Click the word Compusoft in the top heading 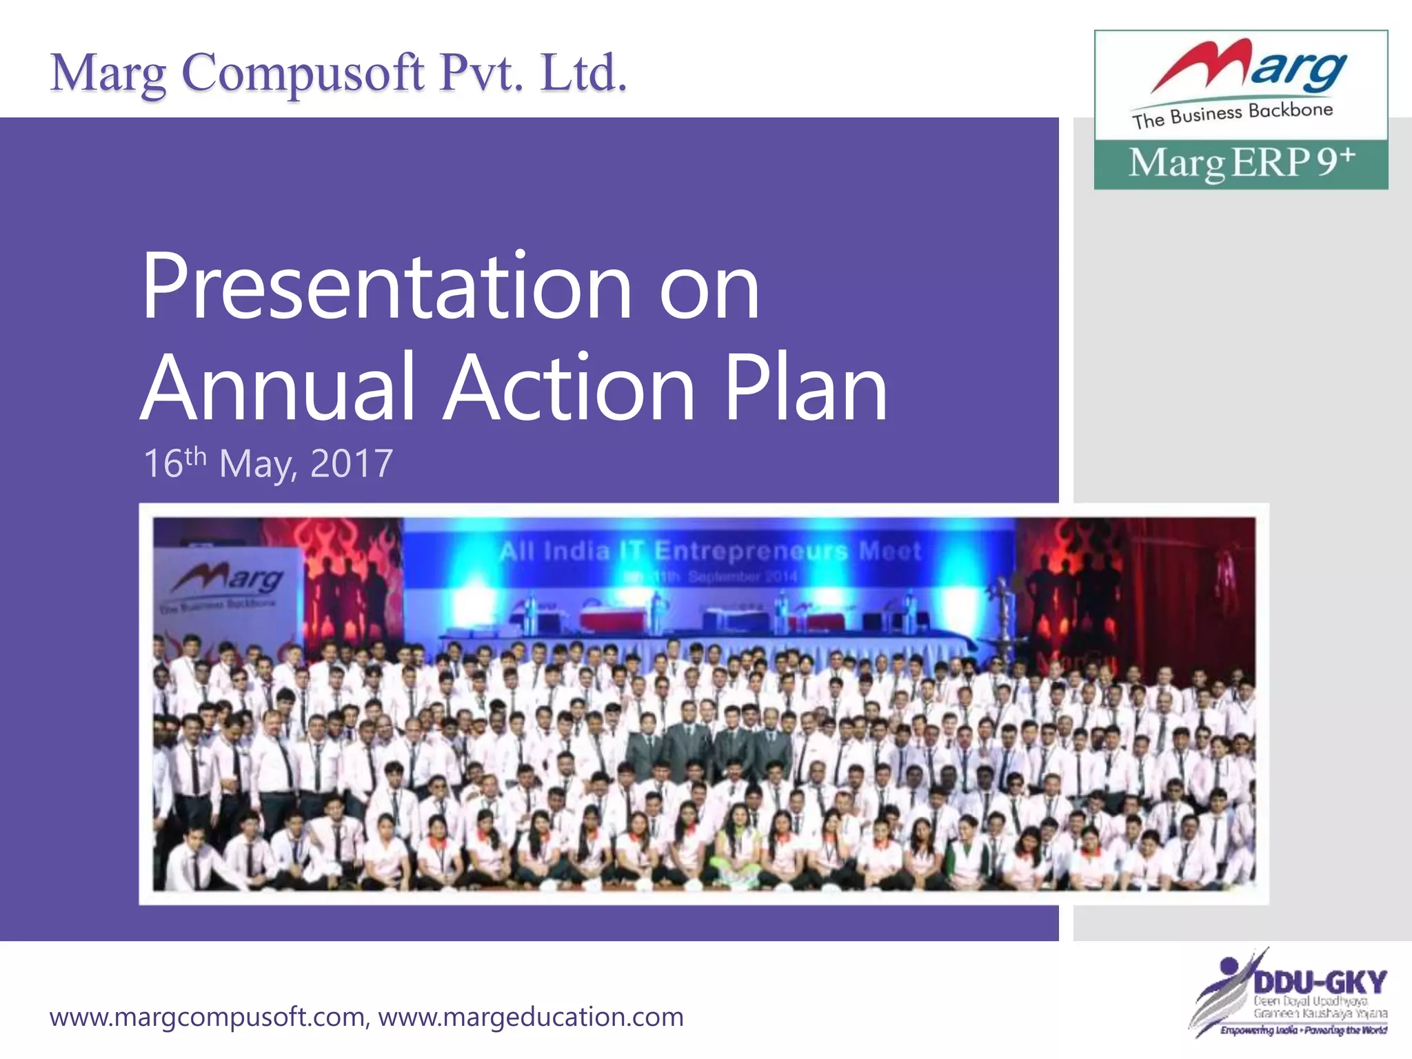303,73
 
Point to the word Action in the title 569,387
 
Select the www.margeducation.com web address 531,1017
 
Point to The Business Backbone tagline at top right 1232,115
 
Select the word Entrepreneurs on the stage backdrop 750,551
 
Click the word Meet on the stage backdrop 889,551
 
